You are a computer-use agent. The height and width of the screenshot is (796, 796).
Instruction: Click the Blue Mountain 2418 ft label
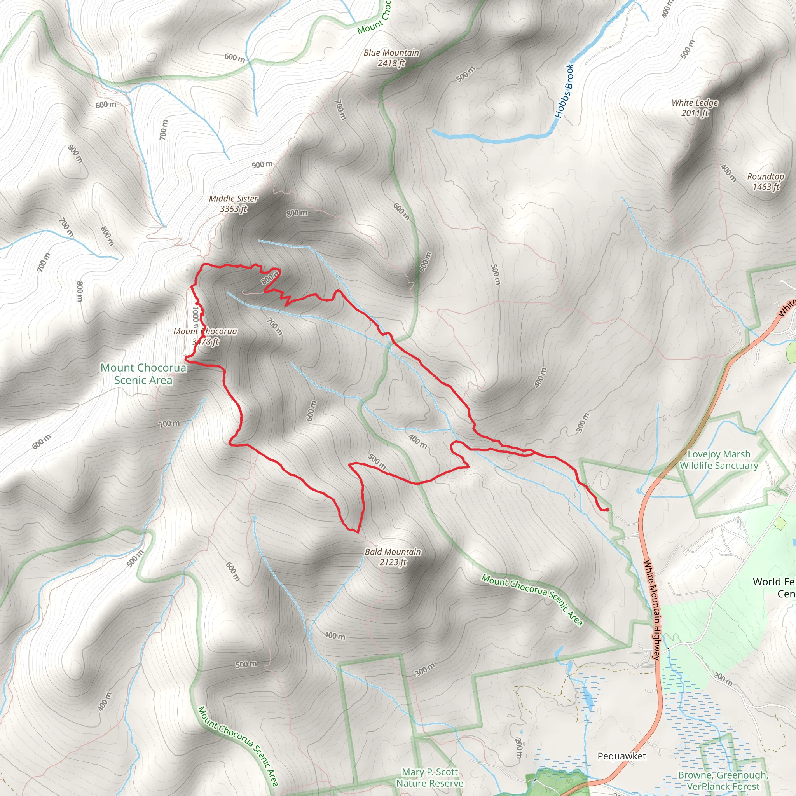391,58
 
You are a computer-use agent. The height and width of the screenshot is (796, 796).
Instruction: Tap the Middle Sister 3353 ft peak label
233,204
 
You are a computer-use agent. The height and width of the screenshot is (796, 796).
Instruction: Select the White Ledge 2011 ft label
695,108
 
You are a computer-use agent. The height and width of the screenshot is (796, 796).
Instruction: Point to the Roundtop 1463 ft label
766,181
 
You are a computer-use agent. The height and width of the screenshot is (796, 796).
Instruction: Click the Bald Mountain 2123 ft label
393,557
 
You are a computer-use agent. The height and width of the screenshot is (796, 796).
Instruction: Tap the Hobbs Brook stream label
564,91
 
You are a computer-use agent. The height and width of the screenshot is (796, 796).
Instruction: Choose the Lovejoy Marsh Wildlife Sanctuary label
719,459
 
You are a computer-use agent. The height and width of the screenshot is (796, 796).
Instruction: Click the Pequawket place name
621,756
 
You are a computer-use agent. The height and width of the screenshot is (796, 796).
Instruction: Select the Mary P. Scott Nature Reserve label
429,777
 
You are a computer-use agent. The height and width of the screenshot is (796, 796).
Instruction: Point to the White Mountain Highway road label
652,609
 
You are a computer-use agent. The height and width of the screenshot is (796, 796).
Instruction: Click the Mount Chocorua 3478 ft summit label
205,336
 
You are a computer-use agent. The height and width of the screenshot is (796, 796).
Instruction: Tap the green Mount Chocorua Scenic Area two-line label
143,374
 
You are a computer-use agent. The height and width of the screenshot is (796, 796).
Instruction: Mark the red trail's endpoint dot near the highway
607,510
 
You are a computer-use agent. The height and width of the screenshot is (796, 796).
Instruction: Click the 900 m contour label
262,165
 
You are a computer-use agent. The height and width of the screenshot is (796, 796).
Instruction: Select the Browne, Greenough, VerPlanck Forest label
723,780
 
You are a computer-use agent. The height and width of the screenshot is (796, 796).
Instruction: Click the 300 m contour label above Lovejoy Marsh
582,423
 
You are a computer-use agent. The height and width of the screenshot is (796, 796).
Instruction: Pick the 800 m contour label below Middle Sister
297,213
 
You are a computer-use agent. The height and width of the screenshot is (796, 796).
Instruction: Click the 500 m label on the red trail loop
377,461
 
